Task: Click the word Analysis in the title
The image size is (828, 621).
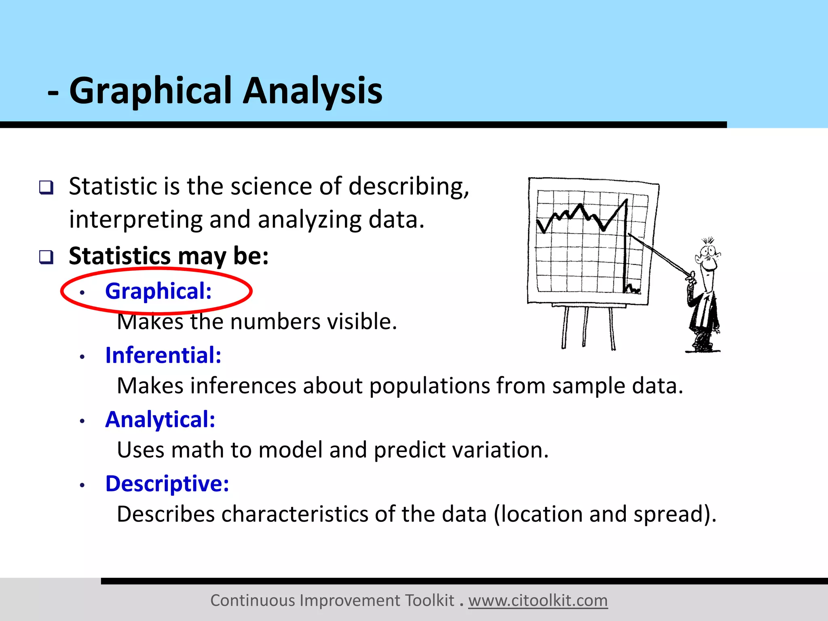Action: pos(312,91)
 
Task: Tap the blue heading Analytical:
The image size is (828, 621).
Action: pos(160,419)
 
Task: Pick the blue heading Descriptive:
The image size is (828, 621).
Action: pos(167,484)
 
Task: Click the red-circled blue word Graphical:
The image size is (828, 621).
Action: pos(158,291)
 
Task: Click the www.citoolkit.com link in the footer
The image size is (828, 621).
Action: pos(538,600)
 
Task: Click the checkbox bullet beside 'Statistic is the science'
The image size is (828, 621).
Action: pos(46,187)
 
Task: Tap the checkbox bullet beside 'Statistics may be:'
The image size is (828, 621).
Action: pos(46,257)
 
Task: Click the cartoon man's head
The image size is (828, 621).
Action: pos(708,257)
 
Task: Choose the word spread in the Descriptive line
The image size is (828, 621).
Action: pos(672,514)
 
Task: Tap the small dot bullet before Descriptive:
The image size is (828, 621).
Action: pos(82,485)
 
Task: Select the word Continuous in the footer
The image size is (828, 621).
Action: pos(253,600)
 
